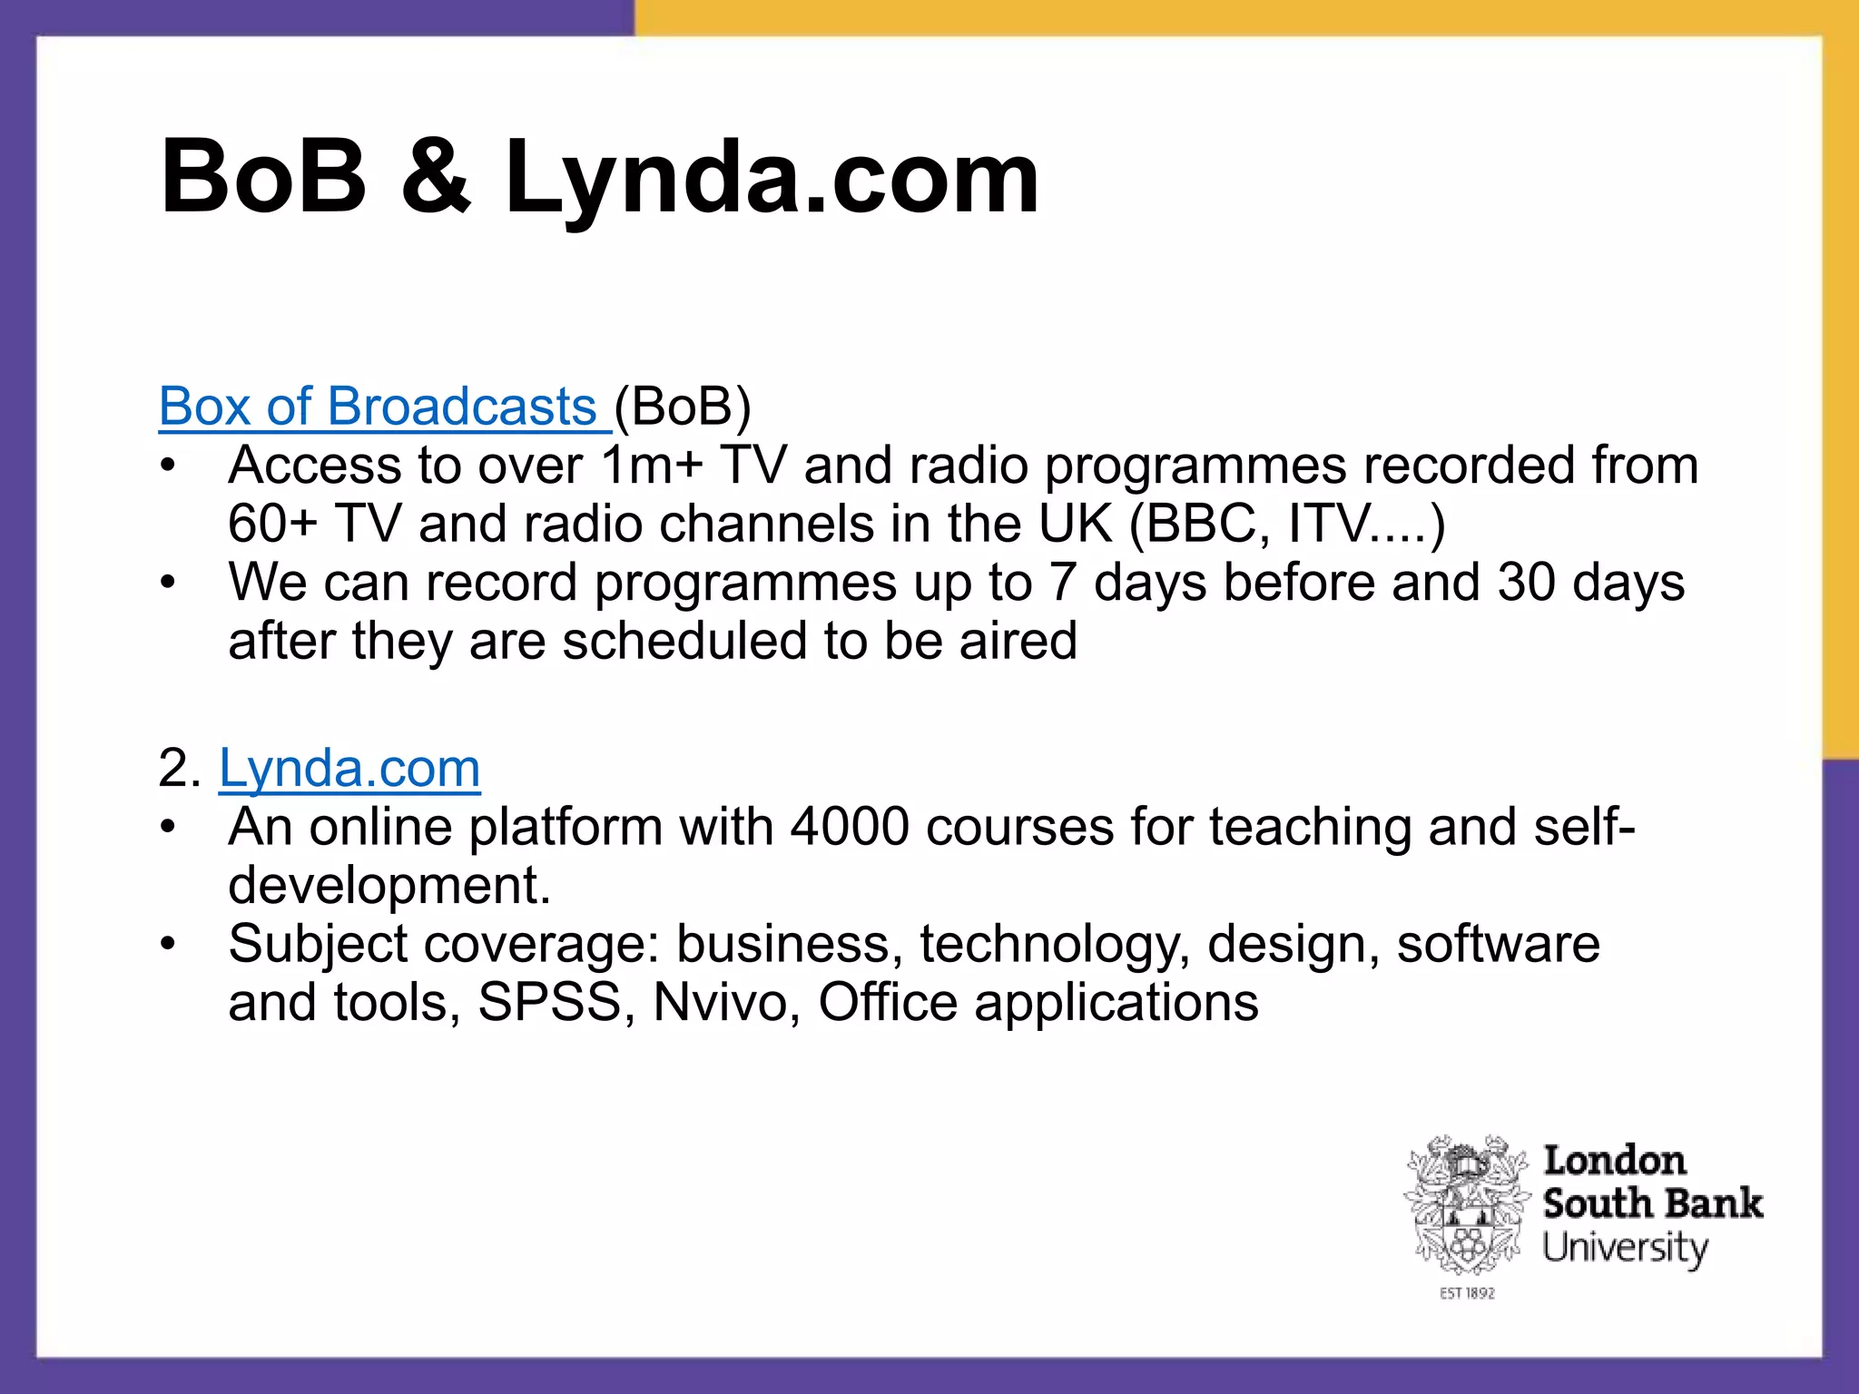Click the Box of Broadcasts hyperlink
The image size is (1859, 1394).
pyautogui.click(x=377, y=407)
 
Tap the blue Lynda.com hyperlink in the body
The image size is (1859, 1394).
pyautogui.click(x=349, y=769)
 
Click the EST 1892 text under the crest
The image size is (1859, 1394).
pyautogui.click(x=1467, y=1293)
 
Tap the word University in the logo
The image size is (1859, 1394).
pyautogui.click(x=1625, y=1248)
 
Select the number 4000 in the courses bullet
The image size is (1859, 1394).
pyautogui.click(x=850, y=827)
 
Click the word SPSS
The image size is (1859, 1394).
pyautogui.click(x=549, y=1003)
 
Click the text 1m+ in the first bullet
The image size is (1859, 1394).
pyautogui.click(x=652, y=466)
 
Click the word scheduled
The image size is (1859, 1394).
pyautogui.click(x=685, y=641)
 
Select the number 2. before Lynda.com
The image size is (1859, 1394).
pyautogui.click(x=179, y=769)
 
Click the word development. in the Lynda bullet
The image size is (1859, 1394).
pyautogui.click(x=389, y=885)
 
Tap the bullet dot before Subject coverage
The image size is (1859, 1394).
pyautogui.click(x=167, y=945)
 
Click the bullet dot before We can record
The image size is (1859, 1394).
pyautogui.click(x=167, y=583)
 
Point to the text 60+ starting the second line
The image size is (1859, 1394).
pyautogui.click(x=272, y=525)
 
